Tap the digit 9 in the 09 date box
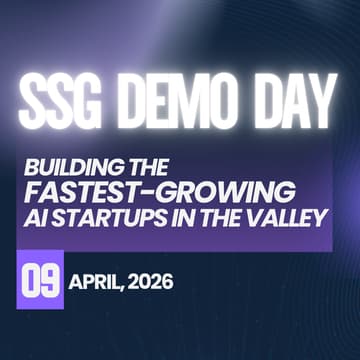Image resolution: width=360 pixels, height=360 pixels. (x=50, y=281)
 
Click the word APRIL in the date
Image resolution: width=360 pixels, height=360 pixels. (x=97, y=282)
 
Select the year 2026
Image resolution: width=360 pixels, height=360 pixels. (x=151, y=282)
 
